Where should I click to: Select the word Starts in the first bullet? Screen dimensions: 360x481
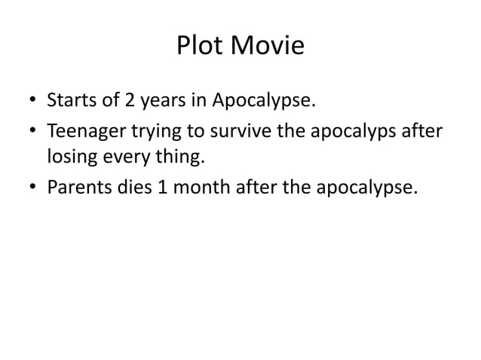tap(73, 100)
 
